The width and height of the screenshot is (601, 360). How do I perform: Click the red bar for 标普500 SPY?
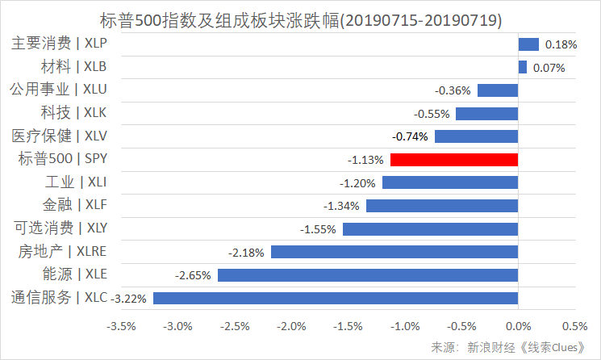pyautogui.click(x=453, y=160)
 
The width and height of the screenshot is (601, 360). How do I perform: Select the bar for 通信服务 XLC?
pyautogui.click(x=335, y=299)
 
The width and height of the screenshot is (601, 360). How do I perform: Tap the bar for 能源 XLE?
pyautogui.click(x=367, y=275)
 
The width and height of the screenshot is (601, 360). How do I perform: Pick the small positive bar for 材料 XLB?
pyautogui.click(x=522, y=68)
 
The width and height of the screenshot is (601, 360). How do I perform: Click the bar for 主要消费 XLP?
pyautogui.click(x=528, y=44)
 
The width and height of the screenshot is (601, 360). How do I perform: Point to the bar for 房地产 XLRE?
pyautogui.click(x=394, y=253)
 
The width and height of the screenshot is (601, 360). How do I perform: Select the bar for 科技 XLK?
pyautogui.click(x=486, y=114)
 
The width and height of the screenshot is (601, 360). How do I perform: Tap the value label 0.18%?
pyautogui.click(x=561, y=44)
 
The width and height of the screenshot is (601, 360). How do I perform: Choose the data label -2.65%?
pyautogui.click(x=194, y=275)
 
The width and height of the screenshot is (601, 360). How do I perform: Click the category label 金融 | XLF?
pyautogui.click(x=74, y=205)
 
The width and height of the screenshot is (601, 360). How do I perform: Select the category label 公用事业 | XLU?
pyautogui.click(x=59, y=90)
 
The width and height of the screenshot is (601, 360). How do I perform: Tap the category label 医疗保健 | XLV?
pyautogui.click(x=59, y=136)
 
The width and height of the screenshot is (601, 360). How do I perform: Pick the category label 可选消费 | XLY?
pyautogui.click(x=59, y=228)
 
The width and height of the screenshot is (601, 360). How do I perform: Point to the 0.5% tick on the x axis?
pyautogui.click(x=574, y=327)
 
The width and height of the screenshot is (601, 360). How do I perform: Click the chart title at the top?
pyautogui.click(x=300, y=17)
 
